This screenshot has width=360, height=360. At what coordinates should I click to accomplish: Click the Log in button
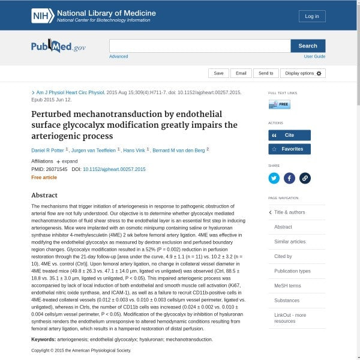click(312, 16)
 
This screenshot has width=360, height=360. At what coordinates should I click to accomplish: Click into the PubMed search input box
click(200, 46)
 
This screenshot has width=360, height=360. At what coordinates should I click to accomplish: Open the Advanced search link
click(118, 56)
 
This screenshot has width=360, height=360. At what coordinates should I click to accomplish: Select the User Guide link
click(314, 56)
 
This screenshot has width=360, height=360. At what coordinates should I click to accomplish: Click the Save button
click(218, 73)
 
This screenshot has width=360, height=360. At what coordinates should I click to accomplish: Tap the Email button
click(241, 73)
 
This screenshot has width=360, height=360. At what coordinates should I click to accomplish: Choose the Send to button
click(266, 73)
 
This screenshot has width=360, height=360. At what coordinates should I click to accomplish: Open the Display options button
click(303, 73)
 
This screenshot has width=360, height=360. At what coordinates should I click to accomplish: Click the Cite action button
click(289, 136)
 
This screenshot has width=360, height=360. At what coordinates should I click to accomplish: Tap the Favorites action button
click(289, 149)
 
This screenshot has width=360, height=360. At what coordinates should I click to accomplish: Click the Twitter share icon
click(274, 178)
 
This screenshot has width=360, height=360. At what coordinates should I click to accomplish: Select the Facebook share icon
click(289, 178)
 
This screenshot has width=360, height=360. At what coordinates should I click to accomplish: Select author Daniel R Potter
click(49, 149)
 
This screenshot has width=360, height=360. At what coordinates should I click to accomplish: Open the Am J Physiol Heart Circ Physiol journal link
click(70, 93)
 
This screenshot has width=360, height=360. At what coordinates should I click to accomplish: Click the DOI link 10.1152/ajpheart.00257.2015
click(114, 170)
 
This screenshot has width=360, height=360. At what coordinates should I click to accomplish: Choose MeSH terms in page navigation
click(287, 286)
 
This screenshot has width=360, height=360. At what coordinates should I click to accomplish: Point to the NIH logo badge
click(42, 16)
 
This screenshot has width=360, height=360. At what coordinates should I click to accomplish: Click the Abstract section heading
click(44, 195)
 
